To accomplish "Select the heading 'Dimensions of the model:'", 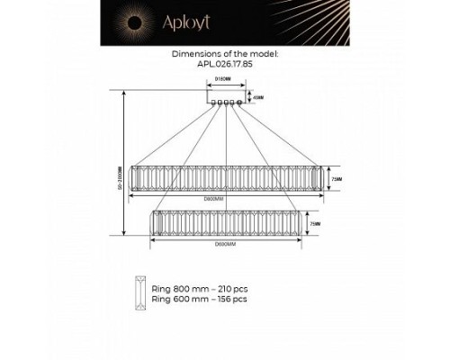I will pos(225,54).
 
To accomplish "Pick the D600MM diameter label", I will pos(224,244).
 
